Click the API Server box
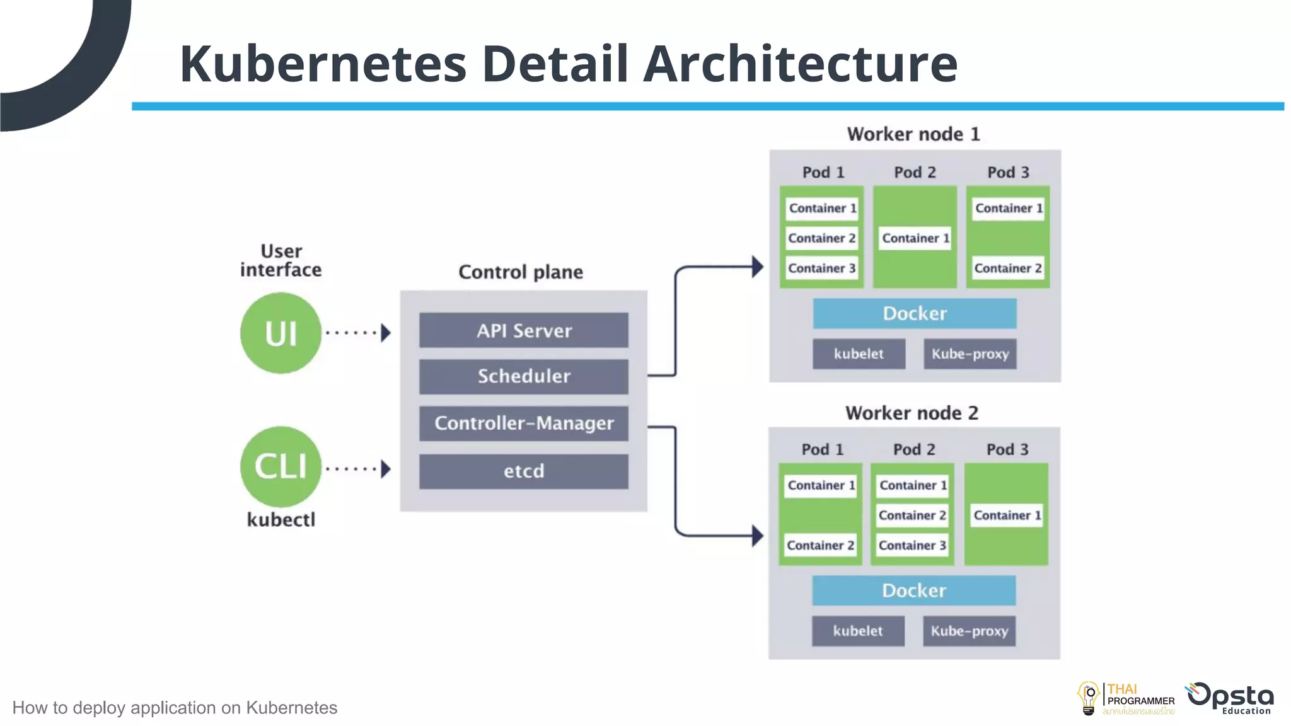point(523,330)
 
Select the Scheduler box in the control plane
point(523,376)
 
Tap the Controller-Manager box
point(523,423)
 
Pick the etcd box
point(523,471)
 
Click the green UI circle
point(281,333)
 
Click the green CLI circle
point(281,466)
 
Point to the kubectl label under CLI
point(281,520)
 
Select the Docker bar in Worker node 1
point(914,313)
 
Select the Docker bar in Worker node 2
point(913,591)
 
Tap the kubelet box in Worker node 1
point(859,354)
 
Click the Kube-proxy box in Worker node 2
point(969,631)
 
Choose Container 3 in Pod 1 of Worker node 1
point(821,268)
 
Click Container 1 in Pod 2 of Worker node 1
point(915,238)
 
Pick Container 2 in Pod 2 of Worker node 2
point(912,516)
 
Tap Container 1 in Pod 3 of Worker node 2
point(1007,516)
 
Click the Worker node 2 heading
point(912,413)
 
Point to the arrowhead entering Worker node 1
point(757,267)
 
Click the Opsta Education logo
point(1230,698)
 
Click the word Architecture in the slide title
point(800,64)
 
